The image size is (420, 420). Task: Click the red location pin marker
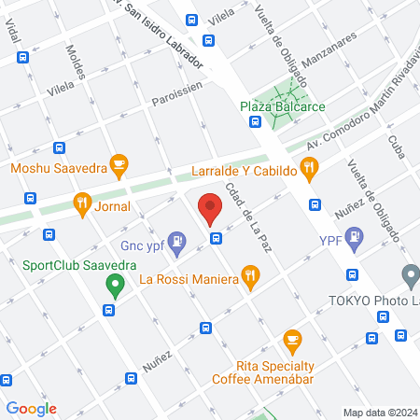(x=210, y=207)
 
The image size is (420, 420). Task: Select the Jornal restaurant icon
(x=83, y=203)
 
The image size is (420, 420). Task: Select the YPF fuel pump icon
(x=354, y=240)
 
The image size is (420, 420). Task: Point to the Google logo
(x=31, y=408)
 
